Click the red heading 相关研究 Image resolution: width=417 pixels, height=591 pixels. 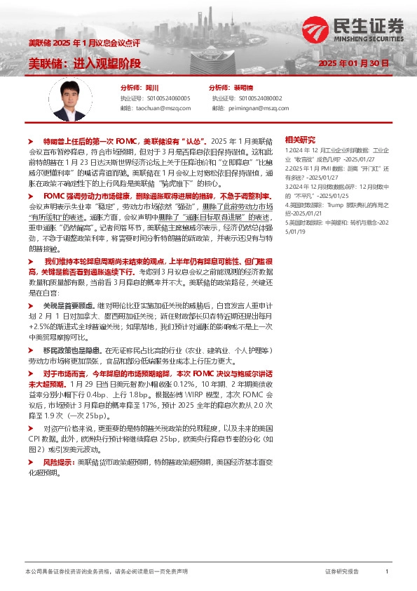299,139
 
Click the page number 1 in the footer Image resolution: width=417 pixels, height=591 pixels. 387,572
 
